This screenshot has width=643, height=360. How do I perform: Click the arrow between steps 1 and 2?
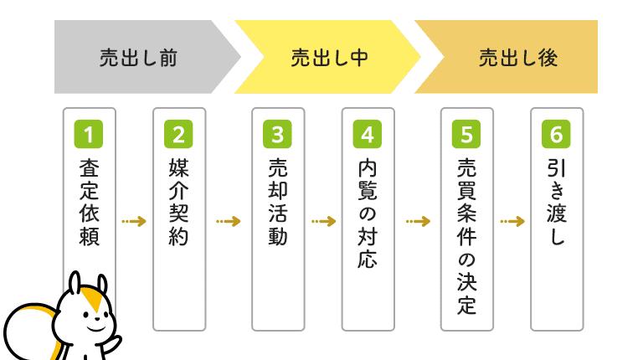click(x=134, y=222)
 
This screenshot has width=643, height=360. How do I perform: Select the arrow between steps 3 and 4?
click(x=323, y=222)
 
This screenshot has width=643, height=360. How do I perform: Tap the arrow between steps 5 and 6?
click(x=512, y=222)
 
